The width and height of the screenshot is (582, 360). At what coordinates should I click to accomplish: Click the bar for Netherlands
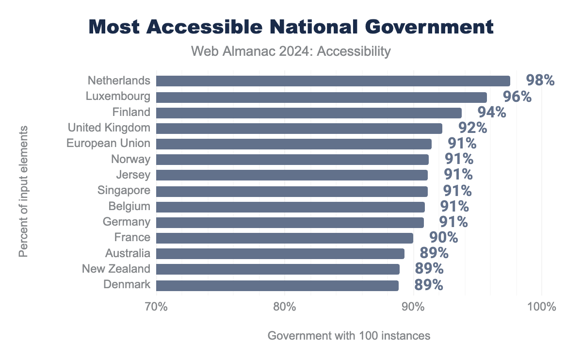[x=333, y=81]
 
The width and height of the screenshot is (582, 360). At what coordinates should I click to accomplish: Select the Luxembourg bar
[x=321, y=97]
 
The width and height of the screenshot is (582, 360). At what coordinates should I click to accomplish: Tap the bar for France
[x=284, y=238]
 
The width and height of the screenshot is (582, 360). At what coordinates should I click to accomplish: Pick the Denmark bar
[x=277, y=285]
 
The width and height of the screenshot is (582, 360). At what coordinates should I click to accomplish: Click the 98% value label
[x=540, y=81]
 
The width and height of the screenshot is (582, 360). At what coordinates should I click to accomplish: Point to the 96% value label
[x=517, y=97]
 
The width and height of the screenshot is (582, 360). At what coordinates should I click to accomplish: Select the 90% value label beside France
[x=443, y=238]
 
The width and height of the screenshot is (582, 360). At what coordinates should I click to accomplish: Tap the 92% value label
[x=472, y=128]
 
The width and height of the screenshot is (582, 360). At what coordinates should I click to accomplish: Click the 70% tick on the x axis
[x=156, y=307]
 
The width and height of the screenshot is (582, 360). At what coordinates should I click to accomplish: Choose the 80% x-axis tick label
[x=284, y=307]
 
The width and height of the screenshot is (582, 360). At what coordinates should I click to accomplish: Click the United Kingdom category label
[x=109, y=128]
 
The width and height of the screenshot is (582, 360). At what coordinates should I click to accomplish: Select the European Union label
[x=108, y=144]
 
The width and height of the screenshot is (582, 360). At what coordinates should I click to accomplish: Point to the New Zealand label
[x=116, y=269]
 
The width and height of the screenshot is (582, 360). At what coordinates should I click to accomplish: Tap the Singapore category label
[x=124, y=190]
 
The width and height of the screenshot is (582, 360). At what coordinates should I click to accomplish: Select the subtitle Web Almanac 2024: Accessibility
[x=291, y=51]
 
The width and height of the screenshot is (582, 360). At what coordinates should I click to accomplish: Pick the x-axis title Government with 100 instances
[x=349, y=336]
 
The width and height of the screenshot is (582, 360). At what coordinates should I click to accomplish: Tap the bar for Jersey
[x=291, y=175]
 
